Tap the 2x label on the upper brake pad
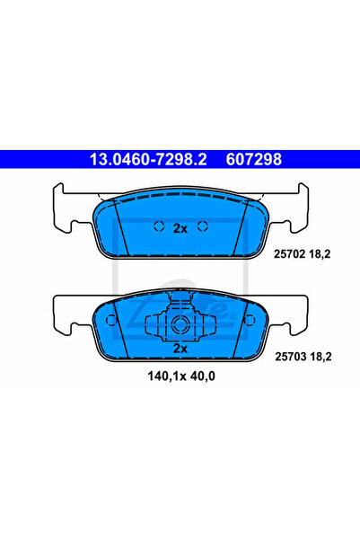pyautogui.click(x=180, y=228)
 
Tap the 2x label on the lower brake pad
pyautogui.click(x=180, y=347)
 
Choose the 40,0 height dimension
pyautogui.click(x=203, y=376)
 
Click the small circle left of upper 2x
pyautogui.click(x=157, y=226)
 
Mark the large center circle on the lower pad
pyautogui.click(x=180, y=325)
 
